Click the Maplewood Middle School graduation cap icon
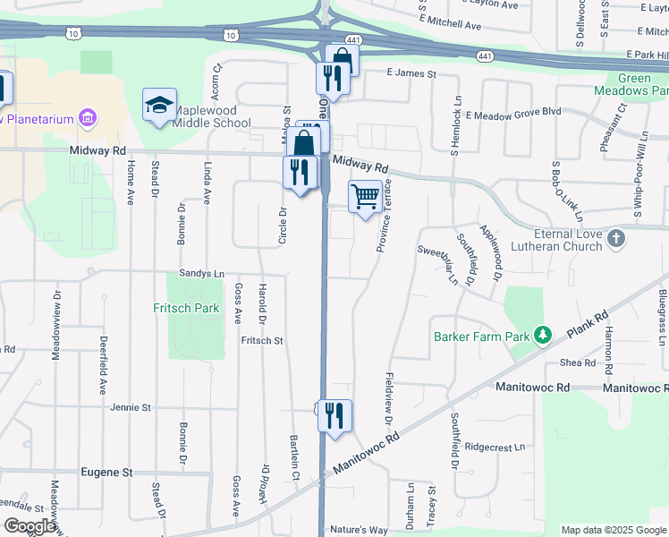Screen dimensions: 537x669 159,106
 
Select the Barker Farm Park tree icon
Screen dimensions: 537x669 542,336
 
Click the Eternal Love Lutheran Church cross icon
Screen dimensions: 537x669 615,239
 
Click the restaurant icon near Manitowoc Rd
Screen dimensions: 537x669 334,416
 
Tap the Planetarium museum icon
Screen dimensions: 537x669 87,118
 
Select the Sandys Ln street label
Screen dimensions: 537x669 201,274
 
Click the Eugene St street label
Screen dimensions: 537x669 106,472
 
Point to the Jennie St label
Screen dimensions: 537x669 131,408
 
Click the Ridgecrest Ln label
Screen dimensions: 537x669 494,447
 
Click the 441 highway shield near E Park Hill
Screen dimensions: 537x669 485,55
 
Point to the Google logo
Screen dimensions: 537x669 30,526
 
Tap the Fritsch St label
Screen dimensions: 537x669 261,341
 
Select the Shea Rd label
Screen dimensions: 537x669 577,362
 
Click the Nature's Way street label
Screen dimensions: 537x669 359,530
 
